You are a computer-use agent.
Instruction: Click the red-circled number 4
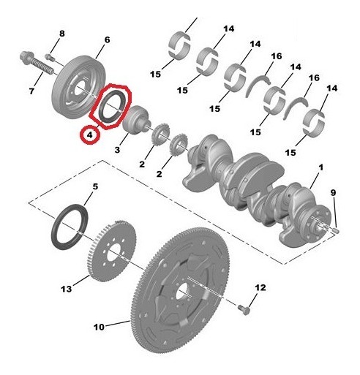pos(89,135)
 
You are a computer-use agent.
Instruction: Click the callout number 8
pos(61,34)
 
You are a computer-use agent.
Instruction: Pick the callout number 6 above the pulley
pos(107,39)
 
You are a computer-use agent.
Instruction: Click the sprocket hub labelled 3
pos(137,120)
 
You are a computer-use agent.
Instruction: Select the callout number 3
pos(116,150)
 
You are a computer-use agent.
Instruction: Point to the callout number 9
pos(333,193)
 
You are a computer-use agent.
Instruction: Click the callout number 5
pos(93,187)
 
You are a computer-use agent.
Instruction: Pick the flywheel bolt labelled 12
pos(245,311)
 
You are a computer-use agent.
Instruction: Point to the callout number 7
pos(31,91)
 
